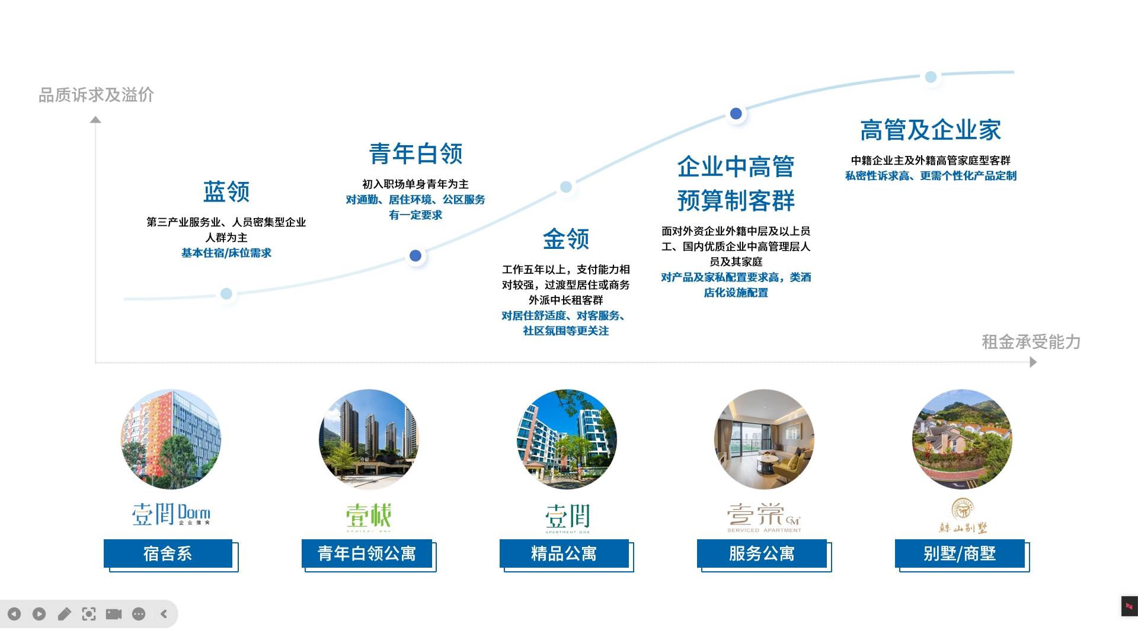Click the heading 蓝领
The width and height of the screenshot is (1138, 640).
click(x=226, y=191)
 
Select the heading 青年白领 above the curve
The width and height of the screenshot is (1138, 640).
click(x=415, y=153)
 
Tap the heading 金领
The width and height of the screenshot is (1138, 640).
click(x=566, y=239)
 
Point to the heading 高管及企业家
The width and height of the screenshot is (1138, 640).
click(x=931, y=130)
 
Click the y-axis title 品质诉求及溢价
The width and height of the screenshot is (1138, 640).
click(x=96, y=95)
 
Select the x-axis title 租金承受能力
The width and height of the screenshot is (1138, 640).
click(x=1031, y=342)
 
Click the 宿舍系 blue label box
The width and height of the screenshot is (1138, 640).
click(x=168, y=553)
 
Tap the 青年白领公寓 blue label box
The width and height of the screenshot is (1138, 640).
click(x=367, y=553)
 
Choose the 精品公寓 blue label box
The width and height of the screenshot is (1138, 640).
click(x=564, y=553)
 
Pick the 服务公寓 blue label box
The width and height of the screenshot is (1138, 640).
click(x=762, y=553)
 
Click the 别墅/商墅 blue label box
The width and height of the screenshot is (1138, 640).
click(x=960, y=553)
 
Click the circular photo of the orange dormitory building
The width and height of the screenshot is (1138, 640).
click(x=171, y=439)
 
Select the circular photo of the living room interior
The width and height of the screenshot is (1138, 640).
click(x=764, y=439)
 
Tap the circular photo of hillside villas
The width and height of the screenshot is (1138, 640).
click(x=962, y=439)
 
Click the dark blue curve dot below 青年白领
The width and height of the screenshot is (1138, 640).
click(x=415, y=256)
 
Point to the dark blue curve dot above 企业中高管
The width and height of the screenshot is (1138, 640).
click(x=736, y=114)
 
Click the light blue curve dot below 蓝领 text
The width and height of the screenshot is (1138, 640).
click(x=226, y=294)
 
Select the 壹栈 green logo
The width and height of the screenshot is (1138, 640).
click(x=369, y=516)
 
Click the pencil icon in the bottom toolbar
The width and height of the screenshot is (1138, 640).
click(x=64, y=614)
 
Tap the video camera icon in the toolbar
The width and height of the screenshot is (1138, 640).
click(x=114, y=614)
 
